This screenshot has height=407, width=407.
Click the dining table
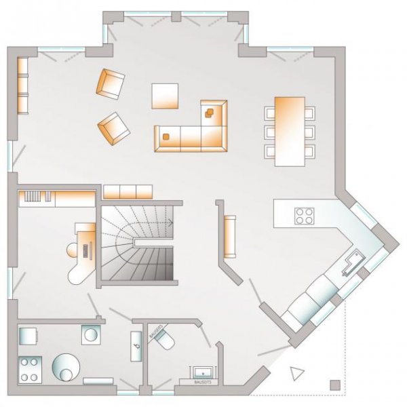point(289,131)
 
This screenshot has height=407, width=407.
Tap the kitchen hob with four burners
point(303,216)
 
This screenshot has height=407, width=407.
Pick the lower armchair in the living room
point(114,127)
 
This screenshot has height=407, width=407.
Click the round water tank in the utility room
point(66,368)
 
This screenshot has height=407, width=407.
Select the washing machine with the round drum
point(90,335)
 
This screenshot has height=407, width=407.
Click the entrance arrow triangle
point(296,373)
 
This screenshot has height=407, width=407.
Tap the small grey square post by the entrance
point(333,385)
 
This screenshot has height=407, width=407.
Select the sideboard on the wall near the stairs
point(229,237)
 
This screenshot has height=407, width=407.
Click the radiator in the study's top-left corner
point(37,197)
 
